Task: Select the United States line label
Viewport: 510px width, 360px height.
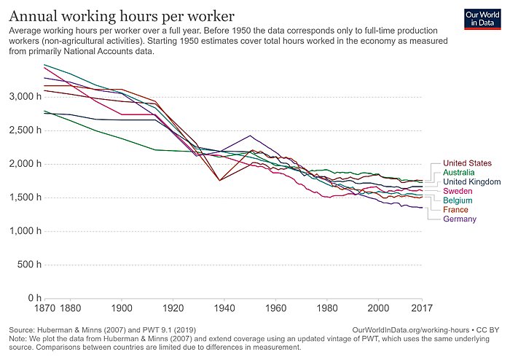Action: (x=467, y=163)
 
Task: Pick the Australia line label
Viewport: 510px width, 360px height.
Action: (x=462, y=173)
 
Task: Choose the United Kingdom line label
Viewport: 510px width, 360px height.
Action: (x=471, y=182)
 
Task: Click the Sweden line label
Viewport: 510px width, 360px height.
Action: (x=458, y=192)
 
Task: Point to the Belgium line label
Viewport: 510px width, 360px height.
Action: (x=459, y=200)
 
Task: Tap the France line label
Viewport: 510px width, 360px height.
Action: (x=456, y=210)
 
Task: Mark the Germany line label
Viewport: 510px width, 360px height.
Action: (x=460, y=219)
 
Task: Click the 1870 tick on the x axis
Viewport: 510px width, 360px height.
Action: (x=46, y=308)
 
